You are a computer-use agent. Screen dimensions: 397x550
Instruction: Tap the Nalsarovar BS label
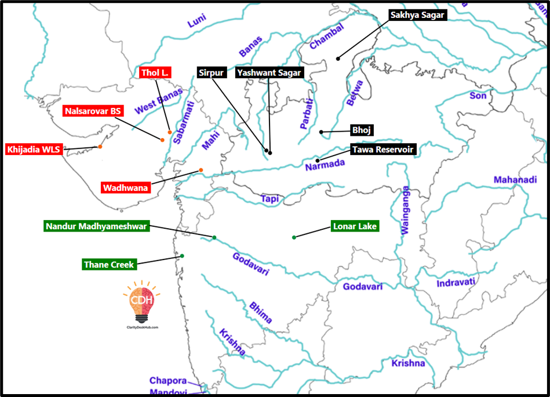pos(92,111)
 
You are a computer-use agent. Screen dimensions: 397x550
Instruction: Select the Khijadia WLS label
pos(34,149)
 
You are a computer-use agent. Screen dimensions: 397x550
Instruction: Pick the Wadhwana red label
pos(126,187)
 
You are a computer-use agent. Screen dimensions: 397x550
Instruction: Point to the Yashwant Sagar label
pos(268,73)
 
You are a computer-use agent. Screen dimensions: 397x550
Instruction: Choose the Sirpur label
pos(210,73)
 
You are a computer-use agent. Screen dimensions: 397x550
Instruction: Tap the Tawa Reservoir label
pos(383,149)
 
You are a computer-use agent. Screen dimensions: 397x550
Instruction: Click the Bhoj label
pos(360,129)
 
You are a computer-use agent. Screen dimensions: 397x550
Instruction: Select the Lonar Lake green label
pos(355,226)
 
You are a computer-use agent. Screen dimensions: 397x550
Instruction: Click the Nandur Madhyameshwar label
pos(97,226)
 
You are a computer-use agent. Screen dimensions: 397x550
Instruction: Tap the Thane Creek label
pos(109,265)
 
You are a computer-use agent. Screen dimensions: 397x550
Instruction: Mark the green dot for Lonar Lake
pos(294,237)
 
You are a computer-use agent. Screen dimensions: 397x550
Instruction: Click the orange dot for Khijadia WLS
pos(100,146)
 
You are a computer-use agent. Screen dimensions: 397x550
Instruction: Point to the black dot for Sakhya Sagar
pos(338,58)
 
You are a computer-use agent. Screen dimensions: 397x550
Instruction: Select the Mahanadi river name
pos(515,180)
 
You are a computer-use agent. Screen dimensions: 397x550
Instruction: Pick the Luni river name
pos(196,24)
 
